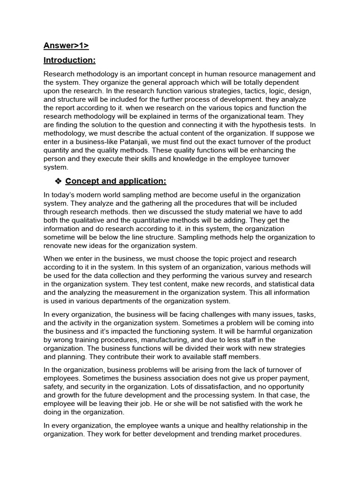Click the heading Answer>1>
66,45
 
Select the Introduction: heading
69,60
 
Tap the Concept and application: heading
116,181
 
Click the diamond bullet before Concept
59,181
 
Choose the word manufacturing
178,340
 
